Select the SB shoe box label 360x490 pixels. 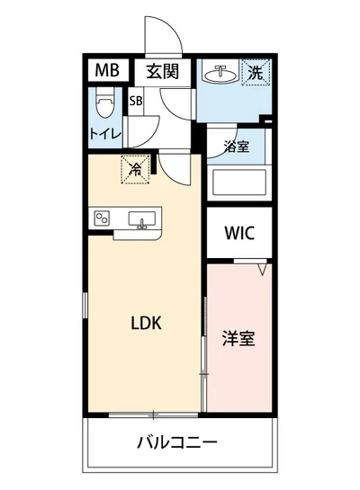pyautogui.click(x=137, y=101)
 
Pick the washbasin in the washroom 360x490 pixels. pyautogui.click(x=220, y=74)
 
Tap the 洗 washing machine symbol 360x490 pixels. pyautogui.click(x=256, y=72)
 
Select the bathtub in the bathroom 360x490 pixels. pyautogui.click(x=238, y=184)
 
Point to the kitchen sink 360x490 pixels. pyautogui.click(x=142, y=220)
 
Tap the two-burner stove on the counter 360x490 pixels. pyautogui.click(x=101, y=218)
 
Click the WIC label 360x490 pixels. pyautogui.click(x=239, y=233)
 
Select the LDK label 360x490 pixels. pyautogui.click(x=145, y=324)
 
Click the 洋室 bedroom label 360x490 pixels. pyautogui.click(x=238, y=340)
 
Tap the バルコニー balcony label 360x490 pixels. pyautogui.click(x=177, y=442)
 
